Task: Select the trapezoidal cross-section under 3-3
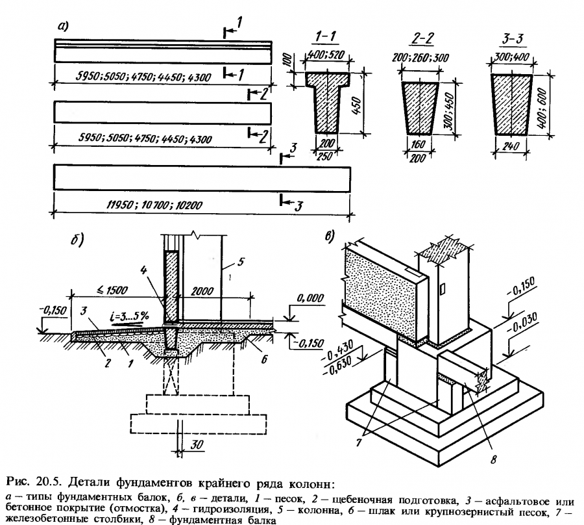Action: tap(513, 104)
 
